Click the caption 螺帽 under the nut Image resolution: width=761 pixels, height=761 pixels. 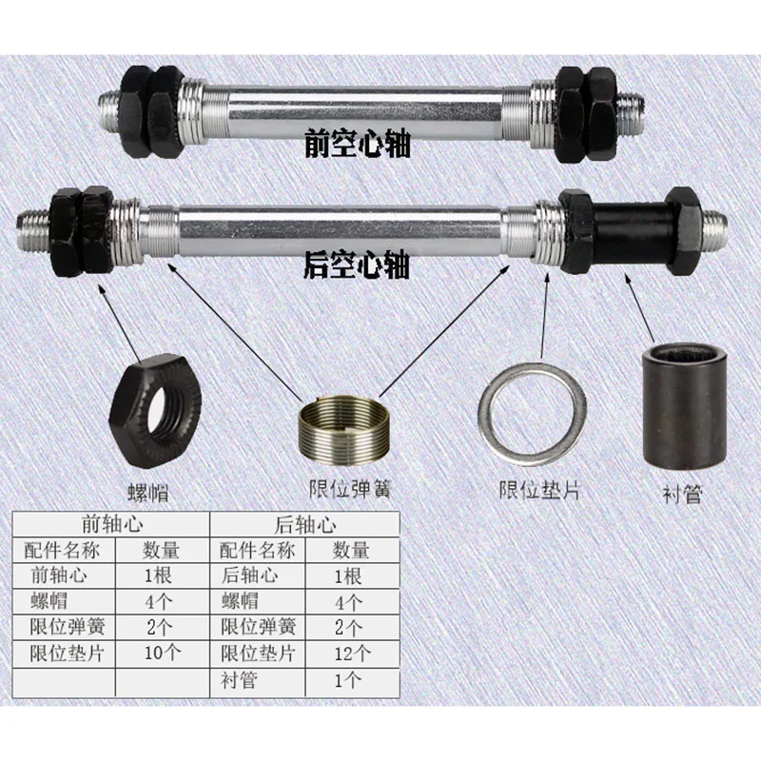154,493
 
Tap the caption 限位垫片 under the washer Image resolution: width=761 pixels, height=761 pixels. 539,491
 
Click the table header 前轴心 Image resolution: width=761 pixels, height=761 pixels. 112,525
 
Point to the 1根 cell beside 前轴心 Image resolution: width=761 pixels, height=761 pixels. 160,575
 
